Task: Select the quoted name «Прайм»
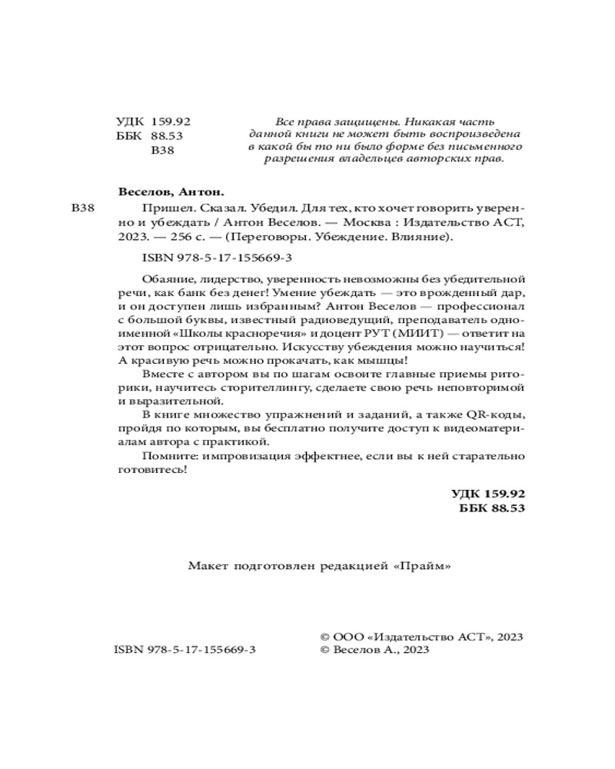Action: point(421,567)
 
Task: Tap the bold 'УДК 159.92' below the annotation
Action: point(487,494)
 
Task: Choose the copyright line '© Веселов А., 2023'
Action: point(374,650)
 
